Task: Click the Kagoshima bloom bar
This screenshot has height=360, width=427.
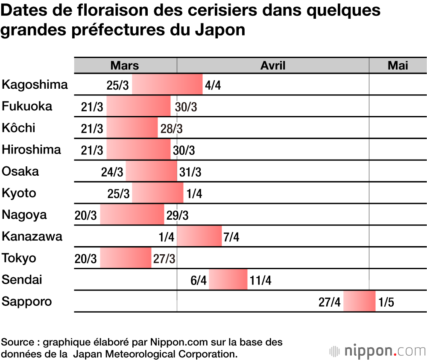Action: [x=167, y=84]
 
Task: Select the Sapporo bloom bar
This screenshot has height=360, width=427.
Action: [x=359, y=302]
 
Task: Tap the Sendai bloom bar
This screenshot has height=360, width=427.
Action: [x=228, y=280]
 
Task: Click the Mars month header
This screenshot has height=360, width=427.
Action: [x=125, y=65]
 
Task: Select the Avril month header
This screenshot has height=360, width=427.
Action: [x=273, y=65]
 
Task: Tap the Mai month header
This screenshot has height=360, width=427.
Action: [x=398, y=65]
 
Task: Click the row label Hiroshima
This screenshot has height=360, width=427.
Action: [x=32, y=150]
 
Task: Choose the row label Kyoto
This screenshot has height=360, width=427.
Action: [x=19, y=193]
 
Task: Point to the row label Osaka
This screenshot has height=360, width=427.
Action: [x=20, y=171]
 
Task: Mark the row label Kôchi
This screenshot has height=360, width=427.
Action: [x=19, y=128]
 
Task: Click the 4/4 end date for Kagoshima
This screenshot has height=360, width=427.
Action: [x=213, y=85]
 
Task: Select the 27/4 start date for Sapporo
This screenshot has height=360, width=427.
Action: [x=330, y=302]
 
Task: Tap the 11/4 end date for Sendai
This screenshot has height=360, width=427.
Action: [x=260, y=281]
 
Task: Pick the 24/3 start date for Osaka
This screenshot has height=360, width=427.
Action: [x=112, y=172]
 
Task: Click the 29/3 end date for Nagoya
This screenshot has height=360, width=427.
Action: [x=177, y=216]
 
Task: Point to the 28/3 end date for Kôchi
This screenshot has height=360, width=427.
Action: [x=171, y=129]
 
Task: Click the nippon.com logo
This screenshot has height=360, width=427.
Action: [x=377, y=351]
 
